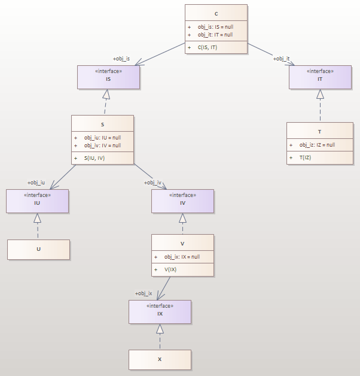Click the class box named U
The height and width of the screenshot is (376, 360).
38,249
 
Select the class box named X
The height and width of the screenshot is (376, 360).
160,359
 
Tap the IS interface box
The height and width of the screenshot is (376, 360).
108,77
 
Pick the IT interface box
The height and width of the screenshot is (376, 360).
320,77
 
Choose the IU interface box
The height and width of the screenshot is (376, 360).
37,201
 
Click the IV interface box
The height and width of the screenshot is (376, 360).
182,201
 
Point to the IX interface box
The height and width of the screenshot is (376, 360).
160,311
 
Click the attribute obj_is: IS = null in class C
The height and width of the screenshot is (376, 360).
215,27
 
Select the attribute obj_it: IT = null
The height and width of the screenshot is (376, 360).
215,35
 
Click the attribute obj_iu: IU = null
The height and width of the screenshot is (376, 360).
102,137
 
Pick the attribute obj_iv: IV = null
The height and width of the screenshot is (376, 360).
102,145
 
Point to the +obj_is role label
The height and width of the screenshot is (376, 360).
121,59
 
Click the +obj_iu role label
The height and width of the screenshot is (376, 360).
36,183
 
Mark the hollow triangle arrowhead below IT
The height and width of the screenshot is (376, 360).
320,94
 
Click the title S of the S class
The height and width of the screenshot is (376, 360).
102,125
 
